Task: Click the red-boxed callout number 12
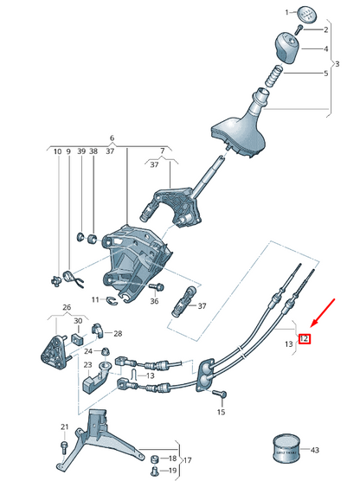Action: (304, 338)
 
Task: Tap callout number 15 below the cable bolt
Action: (220, 413)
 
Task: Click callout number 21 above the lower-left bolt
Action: (64, 427)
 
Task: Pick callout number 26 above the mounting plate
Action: (66, 307)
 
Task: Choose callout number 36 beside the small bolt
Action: (155, 301)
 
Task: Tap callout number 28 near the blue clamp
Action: (118, 333)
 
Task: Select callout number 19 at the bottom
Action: (171, 471)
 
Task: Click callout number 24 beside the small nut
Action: (88, 351)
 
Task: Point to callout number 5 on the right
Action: (325, 74)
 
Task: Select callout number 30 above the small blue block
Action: (77, 322)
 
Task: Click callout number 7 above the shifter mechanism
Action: (161, 151)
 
